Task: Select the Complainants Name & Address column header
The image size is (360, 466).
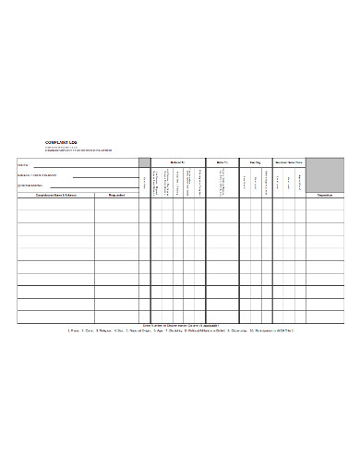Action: click(x=54, y=196)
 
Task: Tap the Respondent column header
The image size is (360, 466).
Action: click(x=118, y=196)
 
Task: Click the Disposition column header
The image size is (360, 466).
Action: click(x=325, y=196)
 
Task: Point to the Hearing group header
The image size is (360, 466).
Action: click(x=254, y=161)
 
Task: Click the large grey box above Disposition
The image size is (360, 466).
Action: click(x=325, y=174)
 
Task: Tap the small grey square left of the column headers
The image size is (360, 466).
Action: click(x=145, y=162)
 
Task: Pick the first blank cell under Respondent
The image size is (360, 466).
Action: click(x=118, y=205)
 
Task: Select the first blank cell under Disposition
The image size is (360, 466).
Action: click(x=325, y=205)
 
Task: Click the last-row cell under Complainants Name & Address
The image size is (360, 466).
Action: click(x=54, y=317)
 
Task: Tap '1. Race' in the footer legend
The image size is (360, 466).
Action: click(x=75, y=330)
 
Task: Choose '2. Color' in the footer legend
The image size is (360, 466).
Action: click(x=90, y=330)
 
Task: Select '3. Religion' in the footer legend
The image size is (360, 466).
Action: click(x=109, y=330)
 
